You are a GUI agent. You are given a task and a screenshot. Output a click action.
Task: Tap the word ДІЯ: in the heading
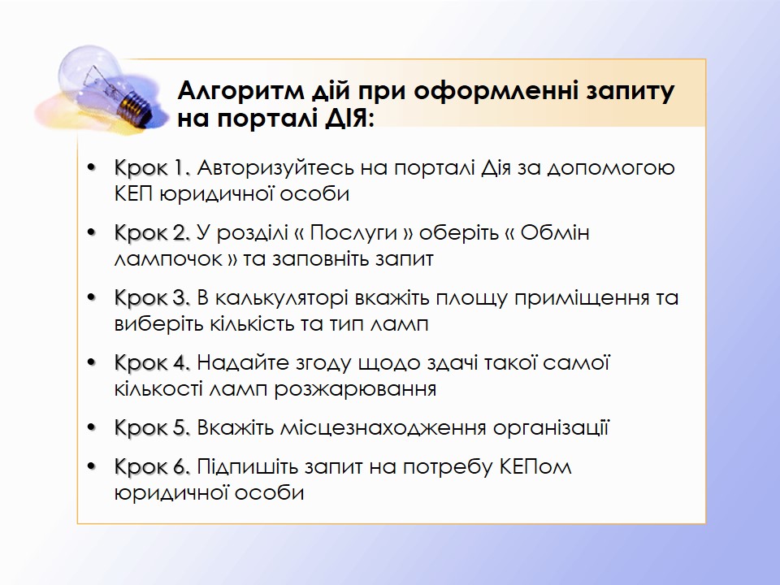[349, 119]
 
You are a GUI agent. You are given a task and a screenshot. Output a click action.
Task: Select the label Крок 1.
[152, 167]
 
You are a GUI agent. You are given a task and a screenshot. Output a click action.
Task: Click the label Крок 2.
[152, 233]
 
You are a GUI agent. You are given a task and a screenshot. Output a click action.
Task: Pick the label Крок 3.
[152, 297]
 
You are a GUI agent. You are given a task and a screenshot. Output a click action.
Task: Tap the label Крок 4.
[152, 362]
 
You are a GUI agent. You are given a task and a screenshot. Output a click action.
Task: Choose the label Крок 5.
[152, 428]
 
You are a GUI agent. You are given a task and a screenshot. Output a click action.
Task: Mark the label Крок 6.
[152, 466]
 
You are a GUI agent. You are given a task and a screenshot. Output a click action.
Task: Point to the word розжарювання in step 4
[355, 389]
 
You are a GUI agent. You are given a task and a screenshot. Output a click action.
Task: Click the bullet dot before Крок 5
[91, 428]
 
